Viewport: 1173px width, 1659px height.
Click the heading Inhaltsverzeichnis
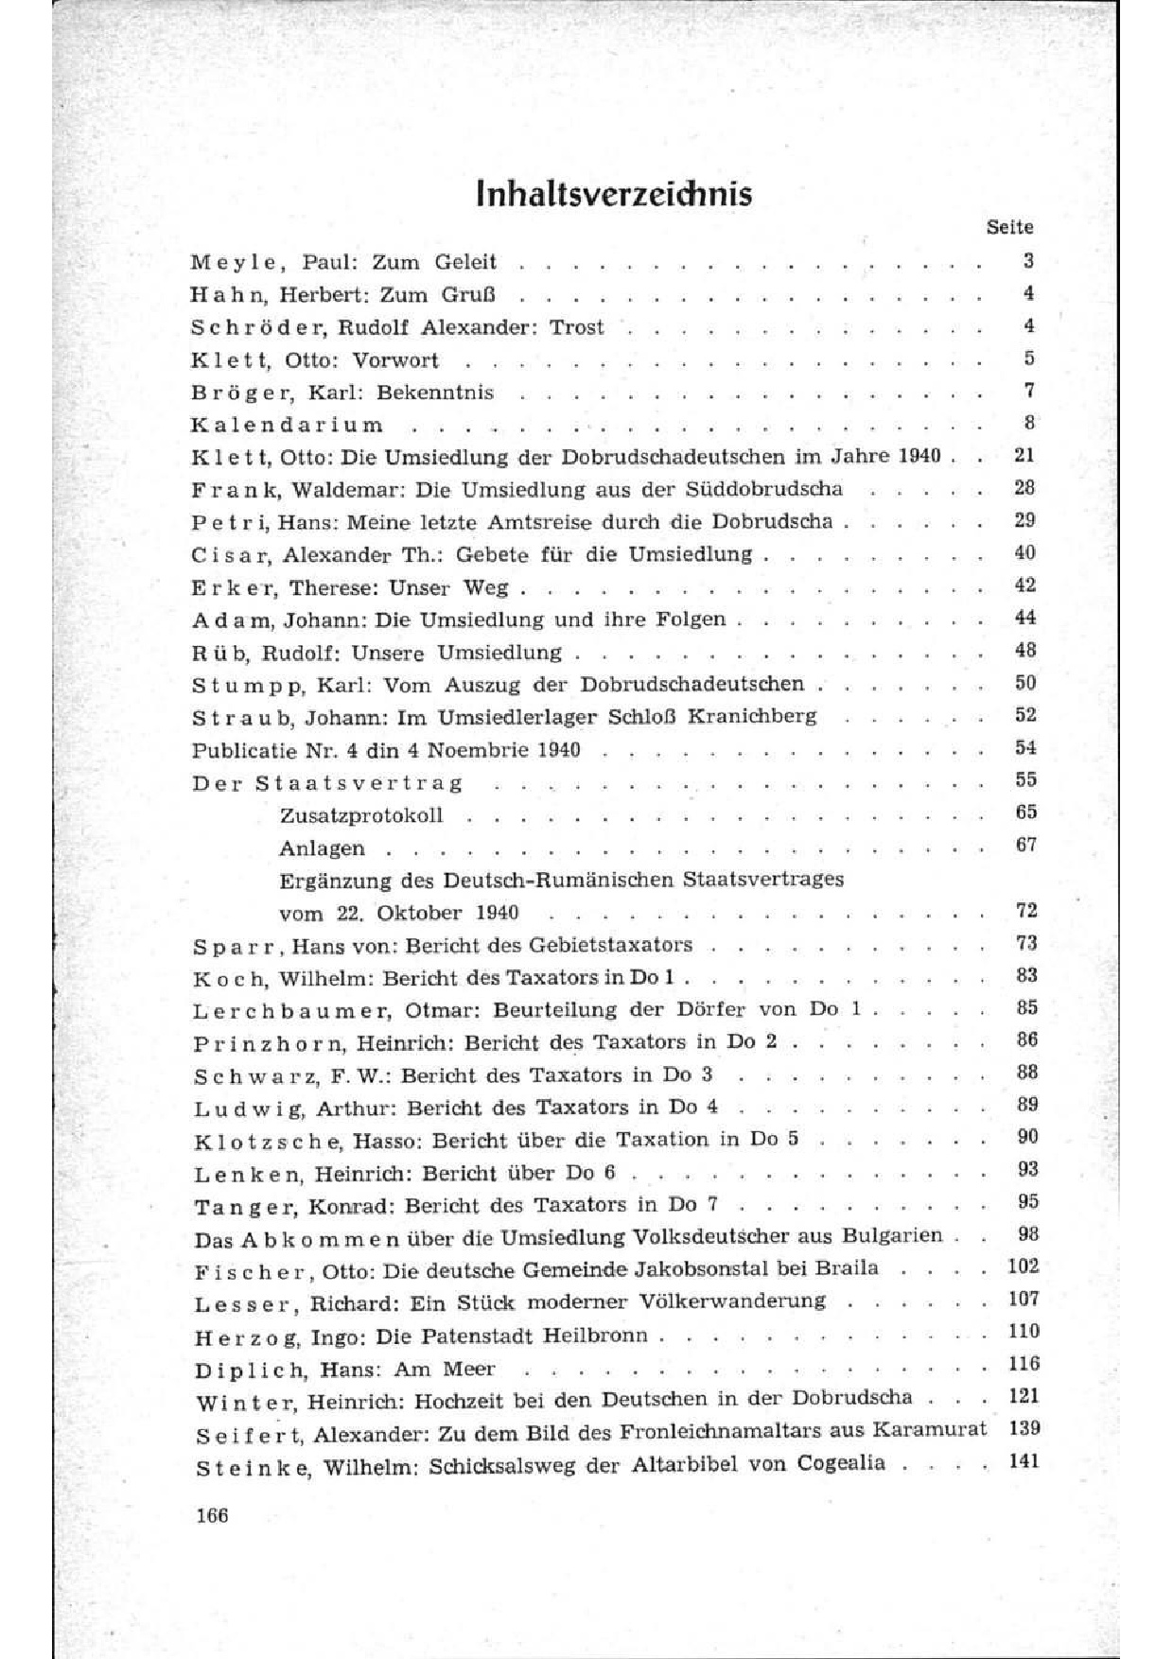615,193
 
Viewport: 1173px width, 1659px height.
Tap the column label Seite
1009,227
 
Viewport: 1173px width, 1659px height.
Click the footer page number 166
211,1515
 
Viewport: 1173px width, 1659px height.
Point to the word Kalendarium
288,425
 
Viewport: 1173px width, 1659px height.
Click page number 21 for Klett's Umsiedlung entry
1024,455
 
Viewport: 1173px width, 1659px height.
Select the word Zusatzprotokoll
361,814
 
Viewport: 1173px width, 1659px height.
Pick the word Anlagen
322,848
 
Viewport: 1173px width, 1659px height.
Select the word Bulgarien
894,1235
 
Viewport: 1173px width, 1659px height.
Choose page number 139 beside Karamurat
1024,1428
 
